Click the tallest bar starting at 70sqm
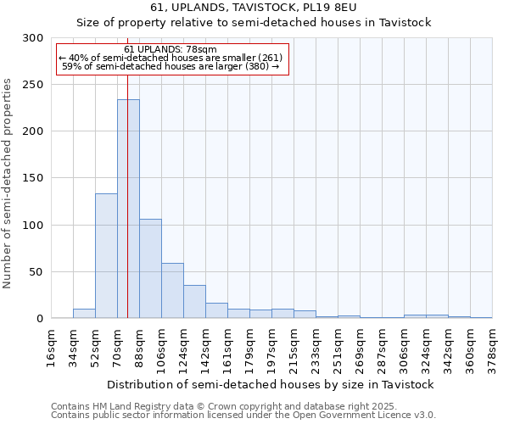128,209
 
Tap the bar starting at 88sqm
150,268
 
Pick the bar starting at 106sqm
172,291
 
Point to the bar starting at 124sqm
194,302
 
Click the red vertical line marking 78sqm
127,170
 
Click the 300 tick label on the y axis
33,38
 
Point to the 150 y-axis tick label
33,178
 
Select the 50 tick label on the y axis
36,272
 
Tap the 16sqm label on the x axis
52,346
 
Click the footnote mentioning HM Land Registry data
243,407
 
